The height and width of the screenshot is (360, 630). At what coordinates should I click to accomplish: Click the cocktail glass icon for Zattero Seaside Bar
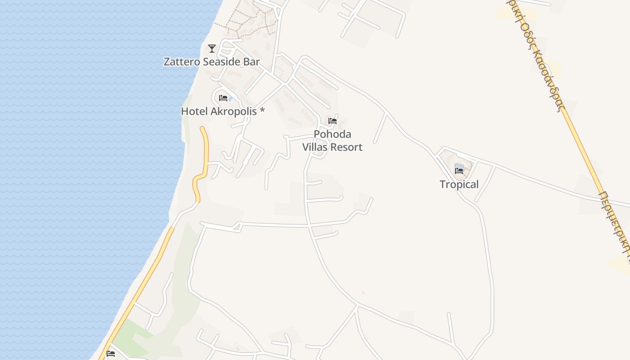(x=212, y=48)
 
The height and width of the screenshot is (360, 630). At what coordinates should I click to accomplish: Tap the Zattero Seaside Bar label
(x=211, y=62)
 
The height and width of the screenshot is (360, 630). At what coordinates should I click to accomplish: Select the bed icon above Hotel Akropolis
(x=223, y=98)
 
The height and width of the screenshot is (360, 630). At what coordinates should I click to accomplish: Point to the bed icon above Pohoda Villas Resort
(x=333, y=121)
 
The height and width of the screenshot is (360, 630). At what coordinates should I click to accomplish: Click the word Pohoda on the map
(x=333, y=134)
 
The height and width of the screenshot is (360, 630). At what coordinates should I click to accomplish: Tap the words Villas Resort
(x=333, y=147)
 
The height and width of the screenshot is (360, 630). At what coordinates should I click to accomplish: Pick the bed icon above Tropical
(x=459, y=171)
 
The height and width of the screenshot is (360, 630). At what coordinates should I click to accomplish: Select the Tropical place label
(x=459, y=184)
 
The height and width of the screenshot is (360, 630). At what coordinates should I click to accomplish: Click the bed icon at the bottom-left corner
(x=111, y=354)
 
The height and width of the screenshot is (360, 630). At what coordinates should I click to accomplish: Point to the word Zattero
(x=181, y=62)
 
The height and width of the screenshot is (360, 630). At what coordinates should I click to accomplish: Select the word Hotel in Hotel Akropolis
(x=194, y=111)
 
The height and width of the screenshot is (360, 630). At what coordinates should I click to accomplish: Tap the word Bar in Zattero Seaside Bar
(x=252, y=62)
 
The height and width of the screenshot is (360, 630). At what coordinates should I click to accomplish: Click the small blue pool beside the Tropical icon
(x=459, y=166)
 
